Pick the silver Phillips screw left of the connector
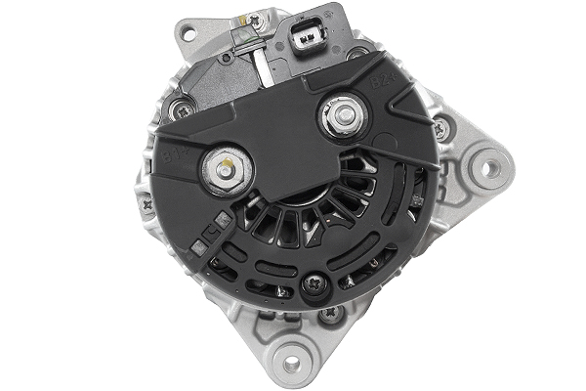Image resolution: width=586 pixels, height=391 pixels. tap(257, 21)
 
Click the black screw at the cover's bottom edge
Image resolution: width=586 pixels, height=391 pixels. tap(314, 284)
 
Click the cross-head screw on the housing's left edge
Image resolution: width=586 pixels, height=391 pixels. tap(146, 205)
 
